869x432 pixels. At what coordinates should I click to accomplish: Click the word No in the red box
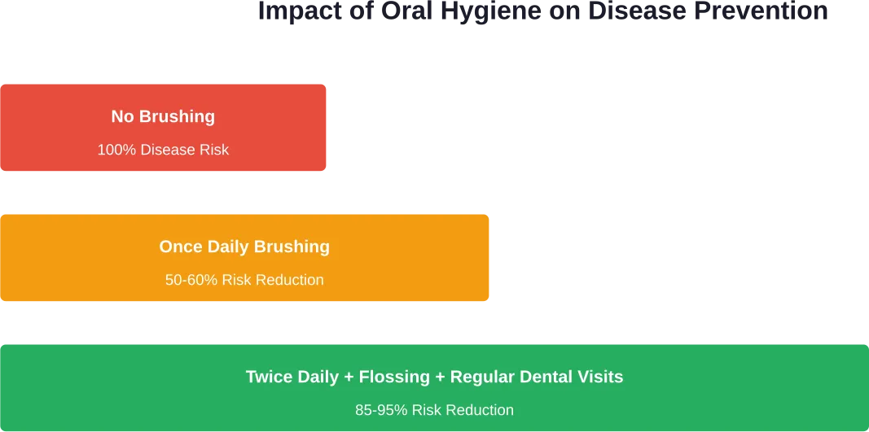tap(122, 116)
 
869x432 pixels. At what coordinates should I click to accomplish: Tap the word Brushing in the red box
tap(177, 116)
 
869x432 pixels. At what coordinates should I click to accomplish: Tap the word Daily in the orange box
tap(226, 247)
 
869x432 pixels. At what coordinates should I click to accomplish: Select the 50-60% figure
tap(191, 280)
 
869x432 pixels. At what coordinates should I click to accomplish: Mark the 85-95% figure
tap(381, 410)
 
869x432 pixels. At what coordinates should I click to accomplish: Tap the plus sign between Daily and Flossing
tap(349, 377)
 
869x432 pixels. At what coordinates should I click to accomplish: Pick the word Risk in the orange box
tap(237, 280)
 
